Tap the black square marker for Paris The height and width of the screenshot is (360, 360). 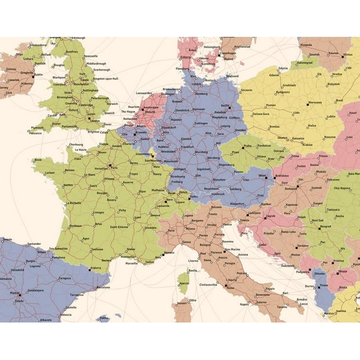[110, 166]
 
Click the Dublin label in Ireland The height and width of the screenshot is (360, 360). [39, 75]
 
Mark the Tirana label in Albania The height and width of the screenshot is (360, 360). [324, 286]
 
